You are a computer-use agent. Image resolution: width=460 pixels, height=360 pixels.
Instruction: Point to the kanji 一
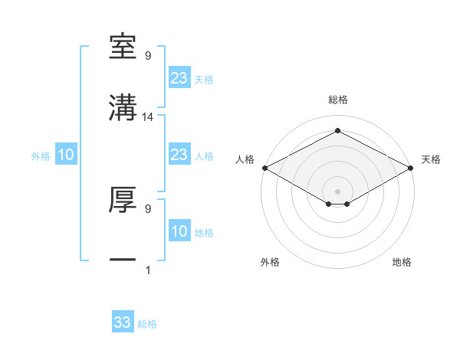pyautogui.click(x=123, y=260)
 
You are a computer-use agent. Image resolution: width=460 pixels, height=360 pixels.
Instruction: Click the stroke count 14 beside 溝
pyautogui.click(x=149, y=116)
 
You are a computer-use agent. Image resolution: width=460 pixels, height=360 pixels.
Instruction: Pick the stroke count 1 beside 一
pyautogui.click(x=148, y=270)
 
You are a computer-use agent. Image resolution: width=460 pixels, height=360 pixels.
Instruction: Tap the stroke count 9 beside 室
pyautogui.click(x=148, y=56)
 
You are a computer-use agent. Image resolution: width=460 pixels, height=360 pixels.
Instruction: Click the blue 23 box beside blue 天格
pyautogui.click(x=179, y=78)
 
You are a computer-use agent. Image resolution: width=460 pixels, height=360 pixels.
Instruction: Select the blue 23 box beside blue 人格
pyautogui.click(x=179, y=155)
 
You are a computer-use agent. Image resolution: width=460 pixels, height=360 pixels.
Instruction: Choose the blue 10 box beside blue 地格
pyautogui.click(x=179, y=231)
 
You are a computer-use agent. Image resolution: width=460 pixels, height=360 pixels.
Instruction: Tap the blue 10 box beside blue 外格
pyautogui.click(x=66, y=155)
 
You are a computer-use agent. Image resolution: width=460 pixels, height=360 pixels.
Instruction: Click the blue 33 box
pyautogui.click(x=123, y=322)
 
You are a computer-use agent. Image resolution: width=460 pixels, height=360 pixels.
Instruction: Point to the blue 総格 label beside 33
pyautogui.click(x=147, y=324)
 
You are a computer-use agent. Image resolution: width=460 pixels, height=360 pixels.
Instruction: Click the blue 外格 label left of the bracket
pyautogui.click(x=41, y=155)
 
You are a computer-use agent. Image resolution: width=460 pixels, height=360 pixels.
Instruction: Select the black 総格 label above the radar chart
pyautogui.click(x=337, y=100)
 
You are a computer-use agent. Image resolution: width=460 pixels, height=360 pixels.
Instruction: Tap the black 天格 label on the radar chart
pyautogui.click(x=431, y=159)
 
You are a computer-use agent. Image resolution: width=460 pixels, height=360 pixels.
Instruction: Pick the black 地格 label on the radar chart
pyautogui.click(x=402, y=262)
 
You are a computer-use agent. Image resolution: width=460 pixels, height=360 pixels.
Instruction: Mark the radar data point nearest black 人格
pyautogui.click(x=264, y=168)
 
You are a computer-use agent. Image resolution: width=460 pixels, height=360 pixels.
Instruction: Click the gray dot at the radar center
pyautogui.click(x=337, y=190)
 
